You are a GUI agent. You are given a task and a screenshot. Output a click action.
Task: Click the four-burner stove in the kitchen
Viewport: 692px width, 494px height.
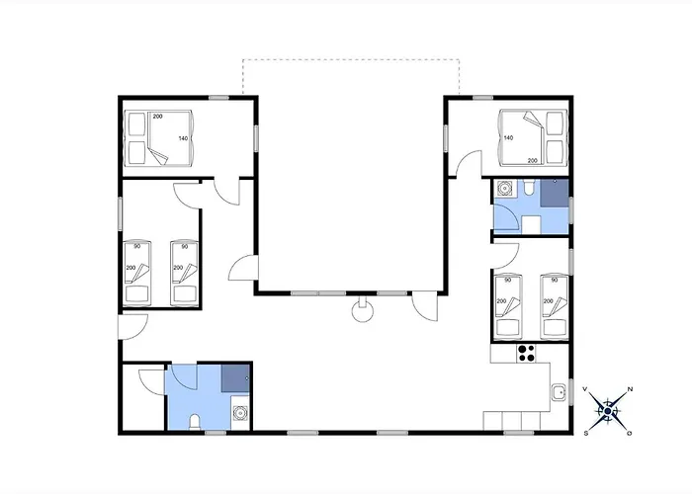526,353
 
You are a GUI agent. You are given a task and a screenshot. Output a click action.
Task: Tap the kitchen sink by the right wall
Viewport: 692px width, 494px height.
560,391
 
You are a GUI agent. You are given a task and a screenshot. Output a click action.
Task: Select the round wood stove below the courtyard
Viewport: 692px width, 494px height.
363,310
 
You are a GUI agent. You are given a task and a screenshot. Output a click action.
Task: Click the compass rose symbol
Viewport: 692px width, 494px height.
608,411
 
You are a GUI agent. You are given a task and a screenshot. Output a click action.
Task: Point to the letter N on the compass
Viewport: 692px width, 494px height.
631,389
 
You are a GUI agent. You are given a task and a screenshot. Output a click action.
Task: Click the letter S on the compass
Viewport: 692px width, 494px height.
586,434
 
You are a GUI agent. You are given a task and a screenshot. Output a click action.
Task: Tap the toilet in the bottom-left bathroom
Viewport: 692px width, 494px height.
194,422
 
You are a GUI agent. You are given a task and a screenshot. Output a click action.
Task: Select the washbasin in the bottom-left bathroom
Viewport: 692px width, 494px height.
240,413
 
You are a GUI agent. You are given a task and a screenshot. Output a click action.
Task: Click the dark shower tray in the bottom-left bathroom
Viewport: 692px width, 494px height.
235,378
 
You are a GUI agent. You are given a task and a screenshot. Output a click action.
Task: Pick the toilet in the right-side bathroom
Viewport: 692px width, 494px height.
528,188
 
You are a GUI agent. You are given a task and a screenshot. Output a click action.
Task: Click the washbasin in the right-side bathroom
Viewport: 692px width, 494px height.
503,188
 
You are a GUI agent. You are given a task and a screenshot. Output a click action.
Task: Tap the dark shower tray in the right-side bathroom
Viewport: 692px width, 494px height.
555,193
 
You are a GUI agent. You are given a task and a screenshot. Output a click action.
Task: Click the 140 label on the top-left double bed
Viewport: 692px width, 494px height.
183,138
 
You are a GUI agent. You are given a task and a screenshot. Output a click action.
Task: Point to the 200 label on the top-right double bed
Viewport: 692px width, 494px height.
533,161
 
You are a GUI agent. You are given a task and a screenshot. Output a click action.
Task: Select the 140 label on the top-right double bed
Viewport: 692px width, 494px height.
508,138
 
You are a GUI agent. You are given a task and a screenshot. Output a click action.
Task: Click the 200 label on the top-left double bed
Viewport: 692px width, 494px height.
157,117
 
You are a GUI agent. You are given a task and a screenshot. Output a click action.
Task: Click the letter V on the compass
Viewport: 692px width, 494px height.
585,389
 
